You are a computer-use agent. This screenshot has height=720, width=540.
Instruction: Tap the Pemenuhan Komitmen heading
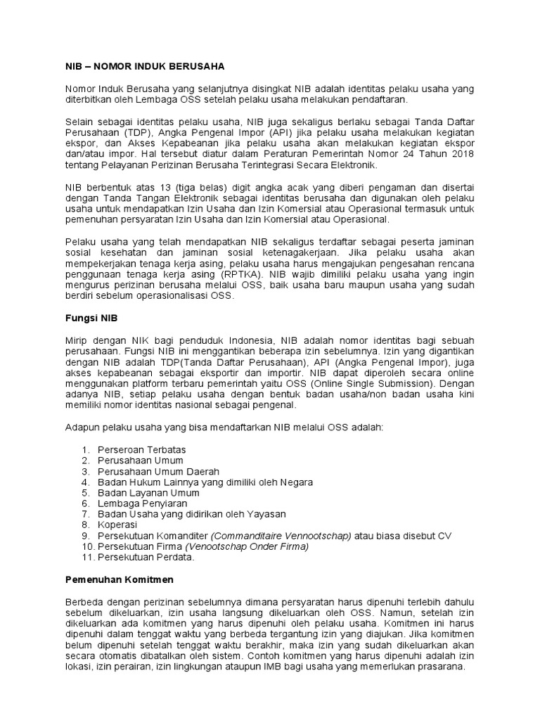(x=120, y=580)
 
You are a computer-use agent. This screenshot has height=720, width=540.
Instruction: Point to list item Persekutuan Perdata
(x=146, y=558)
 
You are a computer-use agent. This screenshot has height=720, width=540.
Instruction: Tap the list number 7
(x=85, y=515)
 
